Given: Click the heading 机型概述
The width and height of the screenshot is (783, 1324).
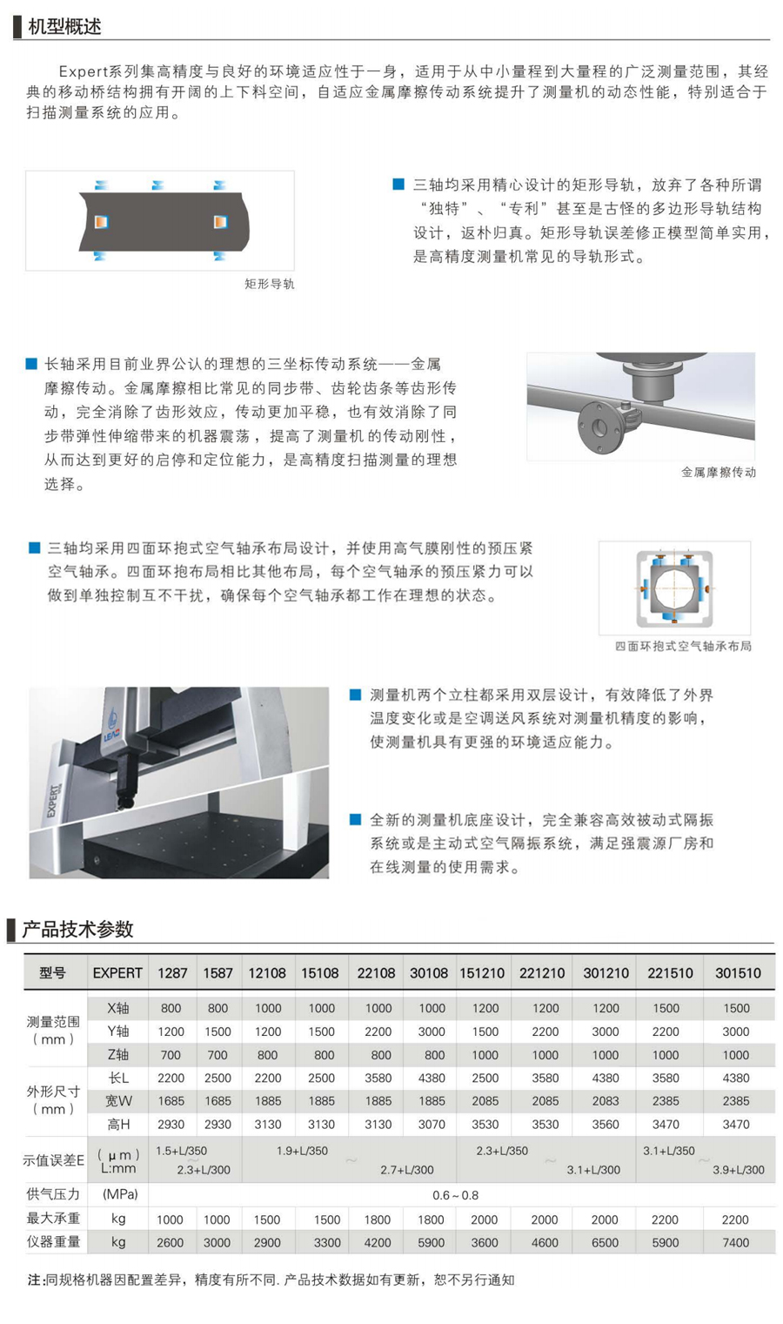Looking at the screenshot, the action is click(64, 27).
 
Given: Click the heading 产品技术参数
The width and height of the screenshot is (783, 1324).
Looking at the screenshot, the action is click(77, 929).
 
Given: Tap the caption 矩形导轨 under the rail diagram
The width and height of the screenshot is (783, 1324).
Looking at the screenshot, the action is click(270, 285).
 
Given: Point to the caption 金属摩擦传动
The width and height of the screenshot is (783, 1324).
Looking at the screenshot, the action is click(719, 473).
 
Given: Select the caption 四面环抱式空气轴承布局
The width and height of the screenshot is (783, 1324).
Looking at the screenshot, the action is click(683, 646).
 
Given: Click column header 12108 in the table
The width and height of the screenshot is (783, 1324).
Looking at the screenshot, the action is click(267, 973).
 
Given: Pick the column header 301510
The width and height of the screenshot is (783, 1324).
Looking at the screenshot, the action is click(738, 973).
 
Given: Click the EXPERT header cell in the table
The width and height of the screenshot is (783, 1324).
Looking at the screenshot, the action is click(117, 973).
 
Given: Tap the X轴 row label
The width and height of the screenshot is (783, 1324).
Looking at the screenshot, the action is click(118, 1008).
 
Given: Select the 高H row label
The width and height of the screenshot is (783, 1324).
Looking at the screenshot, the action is click(118, 1124).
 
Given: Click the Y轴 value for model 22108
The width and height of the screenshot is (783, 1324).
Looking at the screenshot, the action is click(378, 1032).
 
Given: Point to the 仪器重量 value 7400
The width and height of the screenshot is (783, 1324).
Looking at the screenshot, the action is click(736, 1242).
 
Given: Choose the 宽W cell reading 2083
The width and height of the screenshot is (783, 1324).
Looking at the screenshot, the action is click(606, 1101).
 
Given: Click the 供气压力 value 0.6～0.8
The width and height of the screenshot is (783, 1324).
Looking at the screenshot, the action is click(455, 1195).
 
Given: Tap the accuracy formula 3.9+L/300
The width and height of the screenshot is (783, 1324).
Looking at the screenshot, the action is click(738, 1170).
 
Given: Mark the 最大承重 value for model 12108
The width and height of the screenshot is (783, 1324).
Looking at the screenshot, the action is click(267, 1220).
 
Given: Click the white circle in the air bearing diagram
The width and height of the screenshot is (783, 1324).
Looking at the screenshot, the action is click(675, 588).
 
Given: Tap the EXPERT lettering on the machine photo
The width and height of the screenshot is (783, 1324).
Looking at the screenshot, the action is click(53, 801).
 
